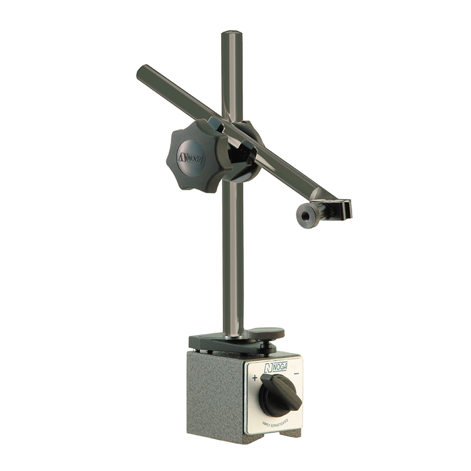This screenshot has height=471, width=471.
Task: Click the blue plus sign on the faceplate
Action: [x=255, y=378]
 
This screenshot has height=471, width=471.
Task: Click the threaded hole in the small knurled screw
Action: [x=306, y=216]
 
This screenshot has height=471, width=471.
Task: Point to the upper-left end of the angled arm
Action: [x=141, y=72]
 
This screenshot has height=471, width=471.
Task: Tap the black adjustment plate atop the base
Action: [x=221, y=343]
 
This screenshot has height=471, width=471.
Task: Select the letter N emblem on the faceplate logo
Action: [x=268, y=368]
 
